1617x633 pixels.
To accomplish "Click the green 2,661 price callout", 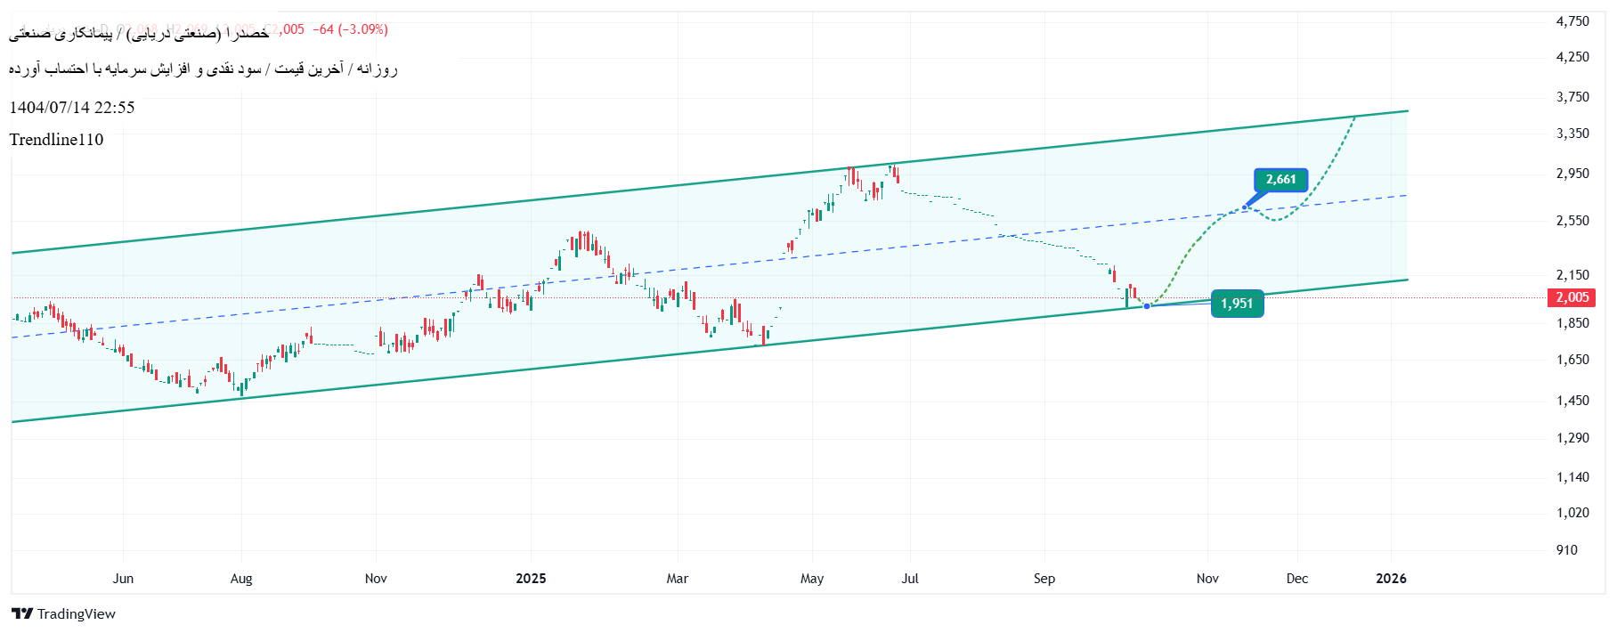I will (1280, 180).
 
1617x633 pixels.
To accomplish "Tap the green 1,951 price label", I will (1237, 304).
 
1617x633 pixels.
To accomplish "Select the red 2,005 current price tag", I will (1572, 297).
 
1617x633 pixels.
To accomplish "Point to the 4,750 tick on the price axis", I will (1572, 21).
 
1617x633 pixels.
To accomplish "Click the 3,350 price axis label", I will (1572, 134).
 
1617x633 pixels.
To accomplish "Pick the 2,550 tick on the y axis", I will (1572, 221).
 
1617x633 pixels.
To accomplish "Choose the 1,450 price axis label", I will (1572, 401).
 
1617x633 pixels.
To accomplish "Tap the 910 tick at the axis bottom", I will (1566, 550).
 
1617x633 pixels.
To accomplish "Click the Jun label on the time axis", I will (123, 579).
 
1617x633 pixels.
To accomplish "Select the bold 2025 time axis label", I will (531, 579).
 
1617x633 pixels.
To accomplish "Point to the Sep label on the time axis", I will (1044, 579).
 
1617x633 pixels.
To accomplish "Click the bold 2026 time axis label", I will (1391, 579).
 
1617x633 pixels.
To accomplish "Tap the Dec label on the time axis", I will (1296, 579).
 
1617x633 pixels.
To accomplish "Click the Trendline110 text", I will (56, 140).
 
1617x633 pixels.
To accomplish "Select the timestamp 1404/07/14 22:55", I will (72, 108).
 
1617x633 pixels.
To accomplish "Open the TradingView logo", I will (63, 613).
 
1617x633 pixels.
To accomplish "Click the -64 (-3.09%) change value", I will (350, 29).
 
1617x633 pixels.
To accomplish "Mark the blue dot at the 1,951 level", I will (1147, 306).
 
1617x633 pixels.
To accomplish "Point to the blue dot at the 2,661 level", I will (1245, 207).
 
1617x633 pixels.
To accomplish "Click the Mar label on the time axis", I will (677, 579).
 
